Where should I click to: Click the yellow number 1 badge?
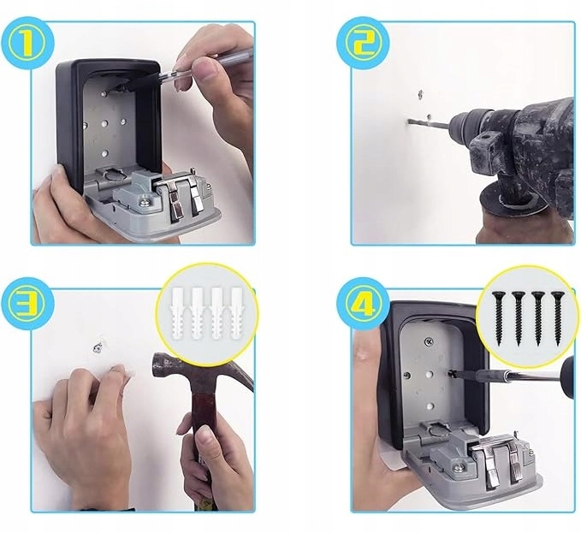pyautogui.click(x=27, y=43)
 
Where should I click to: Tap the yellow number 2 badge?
pyautogui.click(x=363, y=44)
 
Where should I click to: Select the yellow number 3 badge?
pyautogui.click(x=27, y=301)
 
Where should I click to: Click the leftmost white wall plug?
pyautogui.click(x=178, y=314)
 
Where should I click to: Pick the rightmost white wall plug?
pyautogui.click(x=236, y=314)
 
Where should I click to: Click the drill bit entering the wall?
pyautogui.click(x=429, y=123)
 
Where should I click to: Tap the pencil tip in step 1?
pyautogui.click(x=161, y=75)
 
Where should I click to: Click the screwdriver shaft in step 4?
pyautogui.click(x=512, y=375)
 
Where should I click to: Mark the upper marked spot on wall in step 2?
pyautogui.click(x=420, y=93)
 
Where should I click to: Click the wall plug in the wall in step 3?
pyautogui.click(x=98, y=347)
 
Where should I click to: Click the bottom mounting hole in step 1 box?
pyautogui.click(x=105, y=152)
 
